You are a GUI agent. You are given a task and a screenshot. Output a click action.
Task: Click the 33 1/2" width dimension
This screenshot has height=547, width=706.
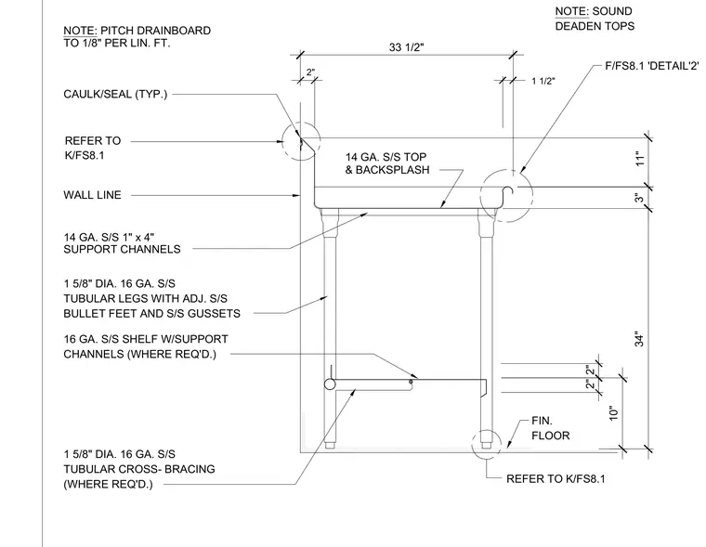tap(406, 47)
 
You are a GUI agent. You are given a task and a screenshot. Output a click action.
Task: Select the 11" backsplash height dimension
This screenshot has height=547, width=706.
tap(640, 159)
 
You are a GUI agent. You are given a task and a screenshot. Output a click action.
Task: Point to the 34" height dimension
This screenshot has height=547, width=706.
tap(639, 340)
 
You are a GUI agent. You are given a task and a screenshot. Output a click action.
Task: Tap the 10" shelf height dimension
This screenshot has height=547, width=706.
tap(614, 413)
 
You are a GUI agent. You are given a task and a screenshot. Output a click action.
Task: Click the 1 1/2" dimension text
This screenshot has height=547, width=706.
tap(543, 81)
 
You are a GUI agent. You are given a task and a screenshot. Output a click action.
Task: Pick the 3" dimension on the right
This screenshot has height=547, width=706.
tap(639, 198)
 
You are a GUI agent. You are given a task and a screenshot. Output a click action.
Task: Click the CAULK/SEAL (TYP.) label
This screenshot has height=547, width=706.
tap(115, 94)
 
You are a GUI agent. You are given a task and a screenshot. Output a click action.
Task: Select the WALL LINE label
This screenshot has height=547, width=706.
tap(92, 195)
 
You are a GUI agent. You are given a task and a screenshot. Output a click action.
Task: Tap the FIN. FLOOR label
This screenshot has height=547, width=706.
tap(550, 428)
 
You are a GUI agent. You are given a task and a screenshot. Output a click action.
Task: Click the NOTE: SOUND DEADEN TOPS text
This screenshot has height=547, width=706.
tap(595, 19)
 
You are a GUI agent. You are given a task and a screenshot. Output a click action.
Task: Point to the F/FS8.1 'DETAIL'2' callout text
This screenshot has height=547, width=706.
tap(652, 66)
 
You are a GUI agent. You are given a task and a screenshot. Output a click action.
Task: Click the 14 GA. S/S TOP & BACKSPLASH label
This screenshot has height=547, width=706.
tap(387, 163)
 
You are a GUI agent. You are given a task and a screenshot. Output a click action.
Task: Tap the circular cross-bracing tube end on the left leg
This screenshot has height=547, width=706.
tap(330, 384)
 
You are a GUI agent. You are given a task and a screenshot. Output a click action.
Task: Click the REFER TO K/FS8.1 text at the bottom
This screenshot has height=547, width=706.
tap(556, 478)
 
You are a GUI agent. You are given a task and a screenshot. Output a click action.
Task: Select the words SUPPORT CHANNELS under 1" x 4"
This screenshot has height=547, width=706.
tap(122, 249)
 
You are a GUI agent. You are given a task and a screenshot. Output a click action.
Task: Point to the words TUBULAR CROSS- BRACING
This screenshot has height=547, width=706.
tap(139, 469)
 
